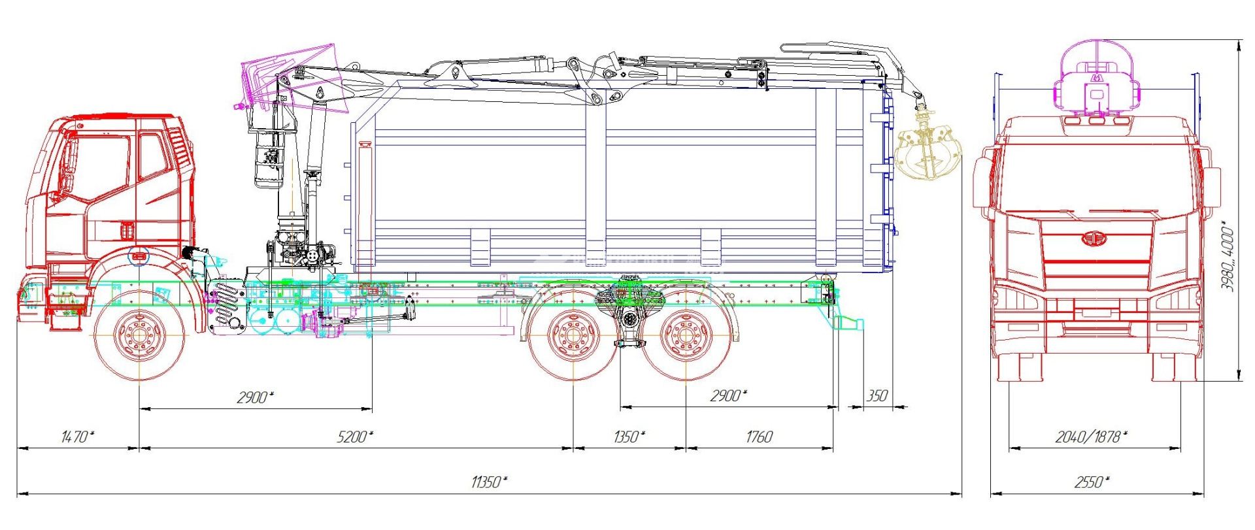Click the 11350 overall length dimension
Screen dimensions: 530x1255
pyautogui.click(x=488, y=482)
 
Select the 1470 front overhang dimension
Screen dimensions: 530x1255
pyautogui.click(x=77, y=437)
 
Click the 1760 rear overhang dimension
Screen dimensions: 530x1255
pyautogui.click(x=759, y=437)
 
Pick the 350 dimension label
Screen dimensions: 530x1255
pyautogui.click(x=877, y=396)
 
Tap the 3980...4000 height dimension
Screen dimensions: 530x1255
pyautogui.click(x=1228, y=258)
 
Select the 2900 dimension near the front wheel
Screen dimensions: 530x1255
pyautogui.click(x=255, y=397)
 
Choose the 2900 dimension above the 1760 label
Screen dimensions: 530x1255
pyautogui.click(x=728, y=395)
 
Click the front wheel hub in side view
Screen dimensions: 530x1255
pyautogui.click(x=139, y=336)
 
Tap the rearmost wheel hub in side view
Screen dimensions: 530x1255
pyautogui.click(x=686, y=336)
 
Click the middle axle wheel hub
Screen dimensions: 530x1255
pyautogui.click(x=573, y=336)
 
